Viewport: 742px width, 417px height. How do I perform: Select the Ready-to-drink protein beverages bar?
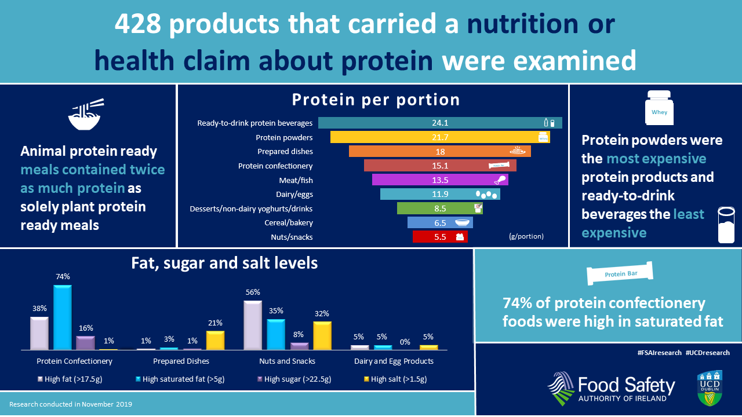click(x=439, y=123)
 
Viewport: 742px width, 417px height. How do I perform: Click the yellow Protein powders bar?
click(x=439, y=137)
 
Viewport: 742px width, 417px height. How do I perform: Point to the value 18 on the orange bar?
click(x=441, y=151)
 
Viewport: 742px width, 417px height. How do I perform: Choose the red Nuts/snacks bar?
click(x=440, y=237)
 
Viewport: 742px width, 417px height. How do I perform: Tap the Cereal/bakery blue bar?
click(x=440, y=222)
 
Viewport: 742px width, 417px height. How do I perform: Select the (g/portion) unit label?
click(x=526, y=236)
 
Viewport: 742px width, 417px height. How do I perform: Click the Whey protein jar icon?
click(x=660, y=108)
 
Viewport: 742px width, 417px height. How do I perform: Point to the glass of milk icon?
click(x=726, y=225)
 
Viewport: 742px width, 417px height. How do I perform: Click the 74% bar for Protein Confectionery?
click(x=63, y=317)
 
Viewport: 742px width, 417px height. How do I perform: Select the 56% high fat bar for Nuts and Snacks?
click(x=252, y=325)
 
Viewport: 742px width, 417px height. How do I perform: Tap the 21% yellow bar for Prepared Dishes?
click(x=215, y=340)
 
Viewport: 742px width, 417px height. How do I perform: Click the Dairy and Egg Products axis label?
click(x=394, y=361)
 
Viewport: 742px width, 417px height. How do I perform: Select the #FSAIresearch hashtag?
click(x=659, y=353)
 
